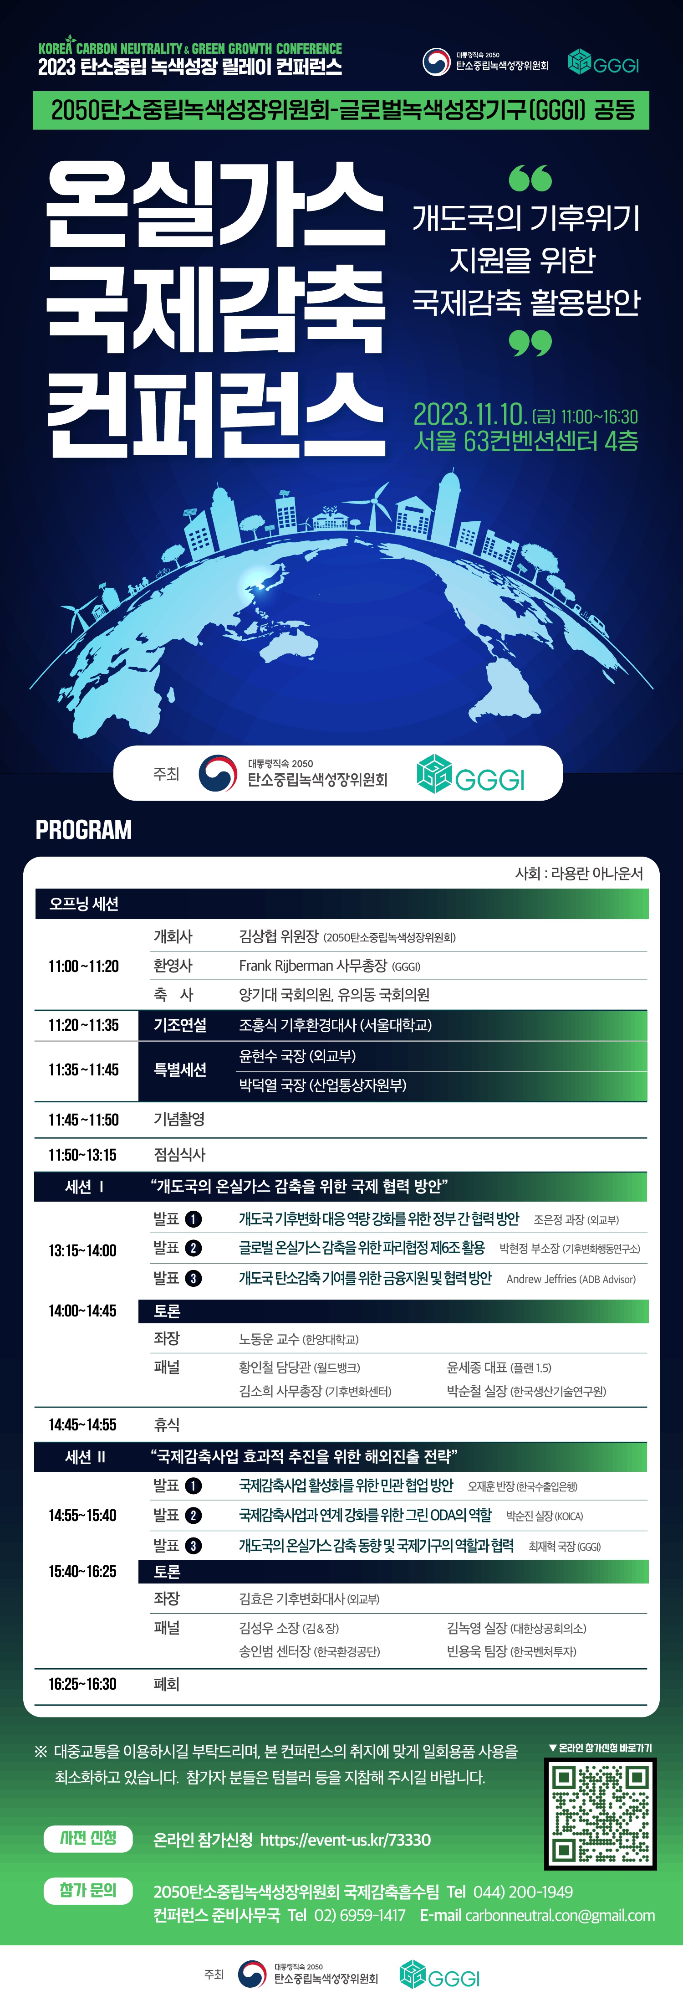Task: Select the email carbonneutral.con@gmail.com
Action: point(560,1915)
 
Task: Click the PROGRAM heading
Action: point(84,830)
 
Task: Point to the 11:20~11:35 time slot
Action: point(84,1025)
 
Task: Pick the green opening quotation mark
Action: point(530,178)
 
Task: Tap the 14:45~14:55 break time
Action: point(82,1424)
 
